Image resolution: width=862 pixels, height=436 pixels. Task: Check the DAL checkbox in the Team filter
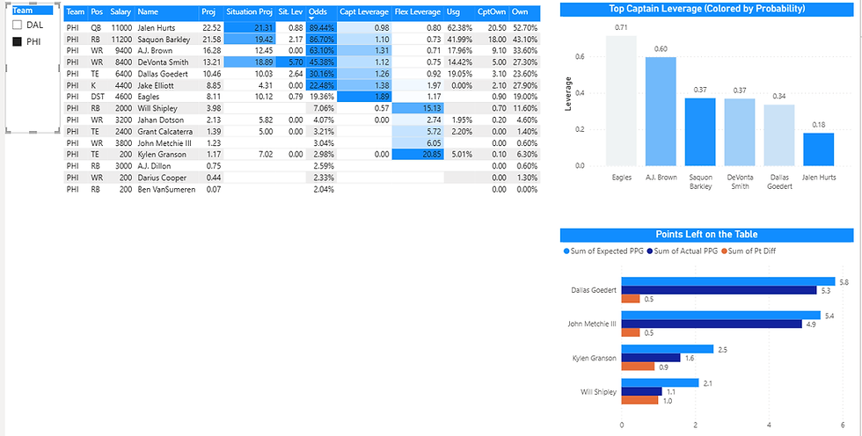coord(15,25)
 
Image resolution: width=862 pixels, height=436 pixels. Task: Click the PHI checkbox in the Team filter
coord(15,41)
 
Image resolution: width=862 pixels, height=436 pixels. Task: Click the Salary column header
coord(121,12)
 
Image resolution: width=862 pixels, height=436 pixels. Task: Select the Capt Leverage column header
coord(365,12)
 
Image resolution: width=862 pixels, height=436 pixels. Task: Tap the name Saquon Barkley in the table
coord(166,40)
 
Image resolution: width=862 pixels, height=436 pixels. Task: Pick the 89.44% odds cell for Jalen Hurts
coord(320,28)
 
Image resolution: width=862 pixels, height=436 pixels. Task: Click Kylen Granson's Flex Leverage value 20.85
coord(419,154)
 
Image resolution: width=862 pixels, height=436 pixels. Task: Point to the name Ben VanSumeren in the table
coord(166,189)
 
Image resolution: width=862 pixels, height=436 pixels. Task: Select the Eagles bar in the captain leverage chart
coord(621,100)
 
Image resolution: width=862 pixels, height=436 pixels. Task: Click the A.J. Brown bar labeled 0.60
coord(660,111)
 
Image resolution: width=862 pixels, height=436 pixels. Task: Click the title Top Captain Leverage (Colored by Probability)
coord(706,10)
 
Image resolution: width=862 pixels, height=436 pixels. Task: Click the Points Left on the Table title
coord(706,235)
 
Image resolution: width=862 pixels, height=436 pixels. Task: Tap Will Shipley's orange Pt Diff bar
coord(639,401)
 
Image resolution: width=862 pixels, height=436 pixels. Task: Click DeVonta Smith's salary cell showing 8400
coord(121,62)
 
